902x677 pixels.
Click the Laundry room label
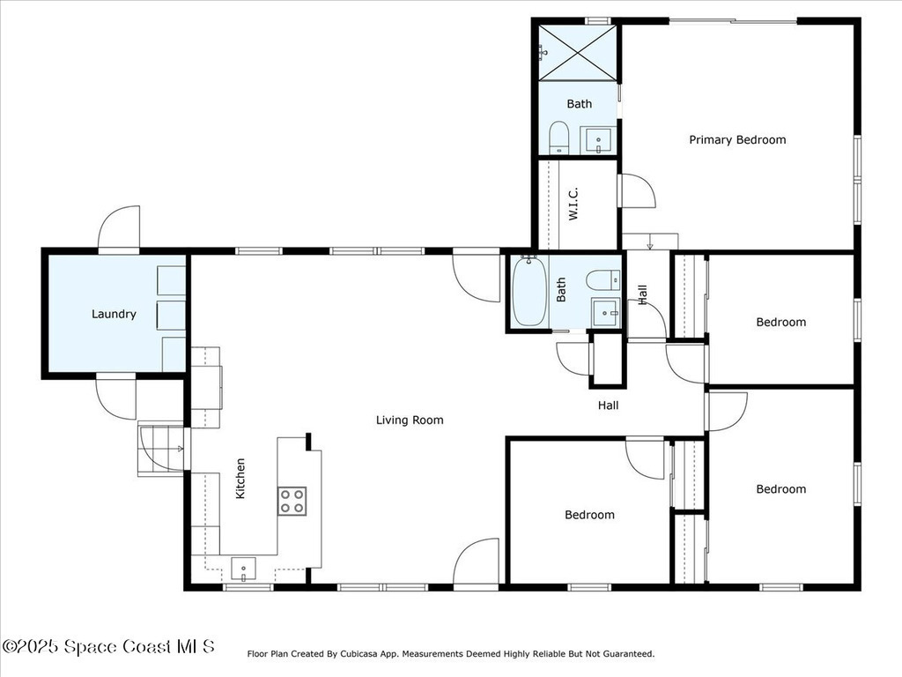pos(114,314)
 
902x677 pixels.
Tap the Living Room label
pos(410,420)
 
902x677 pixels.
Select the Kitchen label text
pos(240,479)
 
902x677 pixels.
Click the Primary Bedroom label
pos(737,140)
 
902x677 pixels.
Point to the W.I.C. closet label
pos(573,204)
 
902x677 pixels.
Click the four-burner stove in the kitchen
pos(292,501)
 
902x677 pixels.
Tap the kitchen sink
pos(243,569)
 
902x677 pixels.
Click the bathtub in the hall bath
pos(529,291)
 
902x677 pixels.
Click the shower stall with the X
pos(578,52)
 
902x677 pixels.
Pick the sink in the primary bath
pos(598,140)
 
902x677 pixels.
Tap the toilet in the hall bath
pos(603,280)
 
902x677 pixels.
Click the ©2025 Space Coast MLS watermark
pos(108,646)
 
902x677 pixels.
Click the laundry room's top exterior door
pos(119,228)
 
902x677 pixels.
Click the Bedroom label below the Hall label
pos(589,515)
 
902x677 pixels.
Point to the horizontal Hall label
pos(608,405)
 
